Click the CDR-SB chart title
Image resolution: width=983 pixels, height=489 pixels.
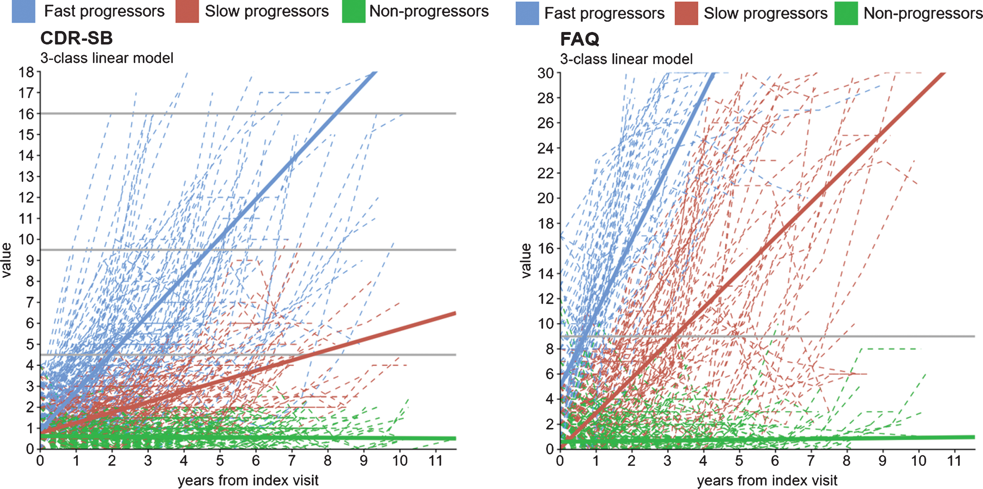coord(77,38)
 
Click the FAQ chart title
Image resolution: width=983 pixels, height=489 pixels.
coord(580,39)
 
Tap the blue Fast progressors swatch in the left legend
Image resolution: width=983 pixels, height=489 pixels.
coord(24,11)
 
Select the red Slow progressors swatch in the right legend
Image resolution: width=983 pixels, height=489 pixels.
coord(686,13)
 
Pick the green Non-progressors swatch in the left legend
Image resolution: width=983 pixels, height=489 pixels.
coord(354,11)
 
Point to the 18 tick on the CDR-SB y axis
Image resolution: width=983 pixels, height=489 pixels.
coord(26,72)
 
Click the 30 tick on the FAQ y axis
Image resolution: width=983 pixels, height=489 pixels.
coord(546,73)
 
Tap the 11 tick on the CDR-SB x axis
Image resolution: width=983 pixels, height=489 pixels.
coord(435,461)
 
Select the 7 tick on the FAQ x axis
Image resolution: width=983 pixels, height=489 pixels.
coord(811,461)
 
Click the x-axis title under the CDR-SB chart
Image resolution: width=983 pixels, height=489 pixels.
coord(248,480)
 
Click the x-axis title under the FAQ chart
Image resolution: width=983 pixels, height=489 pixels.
coord(767,480)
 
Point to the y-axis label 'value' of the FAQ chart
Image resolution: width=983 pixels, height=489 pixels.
coord(526,261)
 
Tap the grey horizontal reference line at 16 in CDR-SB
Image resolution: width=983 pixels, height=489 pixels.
coord(248,113)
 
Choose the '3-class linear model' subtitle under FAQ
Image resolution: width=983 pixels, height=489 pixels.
coord(626,59)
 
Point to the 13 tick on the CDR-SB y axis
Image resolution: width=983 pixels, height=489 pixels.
coord(26,177)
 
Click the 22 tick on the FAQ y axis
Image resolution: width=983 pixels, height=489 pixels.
coord(546,173)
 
